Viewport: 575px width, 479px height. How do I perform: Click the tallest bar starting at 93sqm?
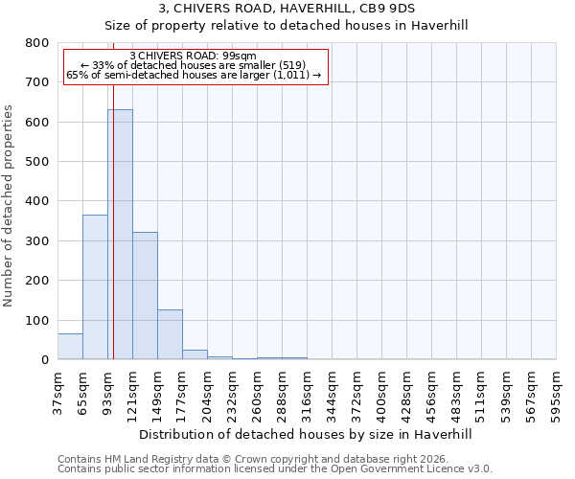click(x=120, y=235)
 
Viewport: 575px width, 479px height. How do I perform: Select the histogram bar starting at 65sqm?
click(x=95, y=287)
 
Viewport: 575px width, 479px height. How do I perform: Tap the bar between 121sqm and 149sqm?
click(x=145, y=295)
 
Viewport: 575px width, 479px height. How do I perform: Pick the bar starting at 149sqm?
click(x=170, y=334)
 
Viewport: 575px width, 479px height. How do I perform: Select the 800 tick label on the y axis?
click(x=37, y=43)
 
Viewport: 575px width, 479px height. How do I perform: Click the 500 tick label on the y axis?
click(x=37, y=162)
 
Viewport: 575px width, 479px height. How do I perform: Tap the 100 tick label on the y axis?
click(x=37, y=320)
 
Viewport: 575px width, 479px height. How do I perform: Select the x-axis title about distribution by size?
click(x=306, y=434)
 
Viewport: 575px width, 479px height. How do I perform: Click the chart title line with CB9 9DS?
click(x=287, y=9)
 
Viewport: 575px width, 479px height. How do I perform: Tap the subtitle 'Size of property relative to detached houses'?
click(x=287, y=25)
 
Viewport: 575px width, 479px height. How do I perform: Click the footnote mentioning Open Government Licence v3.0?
click(x=275, y=469)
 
